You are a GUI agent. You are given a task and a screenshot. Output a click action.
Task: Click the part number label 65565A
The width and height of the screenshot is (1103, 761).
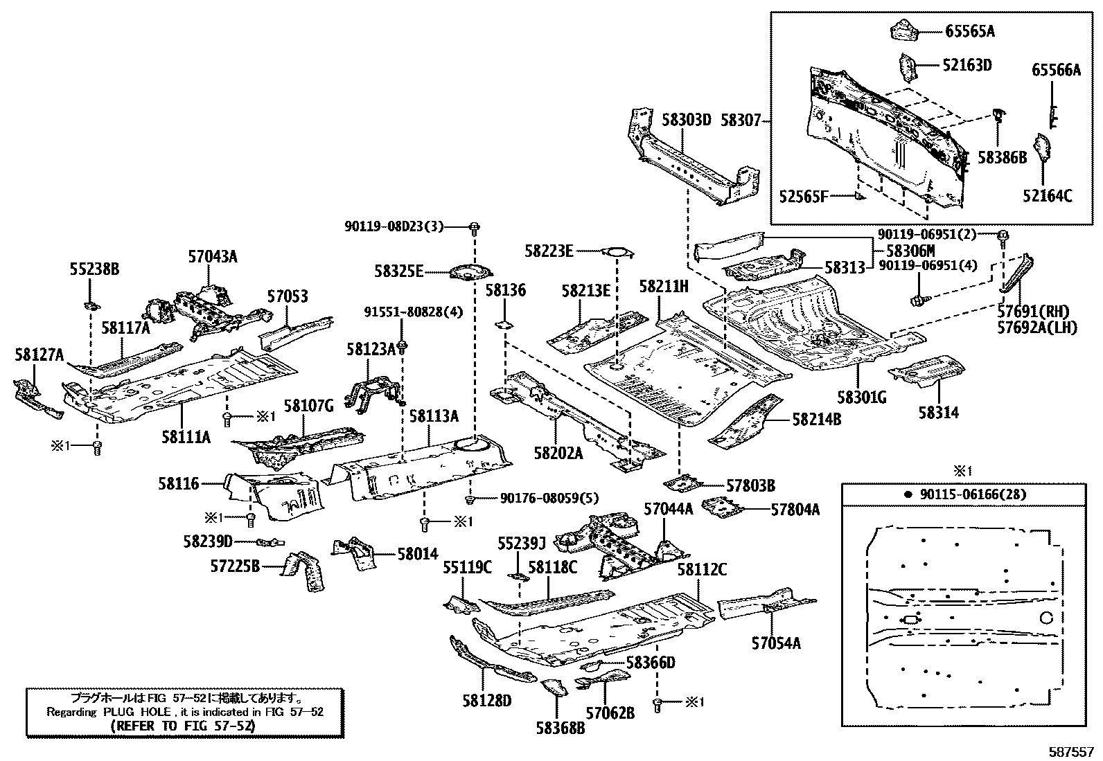(x=970, y=31)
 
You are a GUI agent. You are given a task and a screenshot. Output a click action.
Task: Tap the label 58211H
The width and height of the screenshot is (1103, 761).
(x=663, y=286)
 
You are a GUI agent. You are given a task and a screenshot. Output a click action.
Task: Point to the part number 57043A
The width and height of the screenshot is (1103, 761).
(x=213, y=257)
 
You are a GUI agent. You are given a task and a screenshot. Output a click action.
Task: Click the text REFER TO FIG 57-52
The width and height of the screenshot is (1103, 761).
(x=183, y=726)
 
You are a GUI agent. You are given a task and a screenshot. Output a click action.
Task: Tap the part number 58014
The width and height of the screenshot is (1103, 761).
(x=417, y=553)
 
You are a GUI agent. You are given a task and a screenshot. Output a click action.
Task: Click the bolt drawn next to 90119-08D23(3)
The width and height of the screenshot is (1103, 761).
(x=475, y=226)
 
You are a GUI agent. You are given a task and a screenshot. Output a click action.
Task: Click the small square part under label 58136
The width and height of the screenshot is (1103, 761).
(x=504, y=323)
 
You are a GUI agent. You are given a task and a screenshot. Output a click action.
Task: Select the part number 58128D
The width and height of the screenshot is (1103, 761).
(x=486, y=701)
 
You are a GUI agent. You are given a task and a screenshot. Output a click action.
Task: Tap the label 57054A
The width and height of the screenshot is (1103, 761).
(x=775, y=643)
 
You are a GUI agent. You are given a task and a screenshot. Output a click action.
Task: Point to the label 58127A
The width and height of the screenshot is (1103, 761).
(x=39, y=355)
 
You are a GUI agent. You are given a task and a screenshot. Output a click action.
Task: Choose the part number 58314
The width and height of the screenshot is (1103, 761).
(x=938, y=412)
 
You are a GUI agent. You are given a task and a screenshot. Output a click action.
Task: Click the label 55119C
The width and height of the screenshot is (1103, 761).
(x=467, y=568)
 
